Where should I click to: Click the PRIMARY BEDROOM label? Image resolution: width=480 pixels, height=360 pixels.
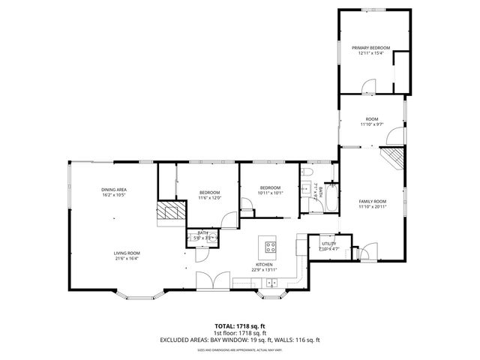(371, 47)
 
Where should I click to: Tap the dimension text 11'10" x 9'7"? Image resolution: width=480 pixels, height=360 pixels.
(371, 124)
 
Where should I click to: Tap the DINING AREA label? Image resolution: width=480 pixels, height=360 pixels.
(115, 189)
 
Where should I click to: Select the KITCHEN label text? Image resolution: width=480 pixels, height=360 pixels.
(264, 265)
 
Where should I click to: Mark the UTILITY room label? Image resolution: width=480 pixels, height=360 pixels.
(328, 244)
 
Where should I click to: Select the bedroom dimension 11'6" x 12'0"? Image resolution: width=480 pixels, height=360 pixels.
(209, 198)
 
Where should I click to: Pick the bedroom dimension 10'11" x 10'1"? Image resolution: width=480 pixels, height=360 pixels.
(270, 192)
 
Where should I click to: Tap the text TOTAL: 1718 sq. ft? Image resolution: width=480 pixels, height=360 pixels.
(239, 326)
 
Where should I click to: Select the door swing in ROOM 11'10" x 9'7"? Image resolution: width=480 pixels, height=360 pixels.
(393, 137)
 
